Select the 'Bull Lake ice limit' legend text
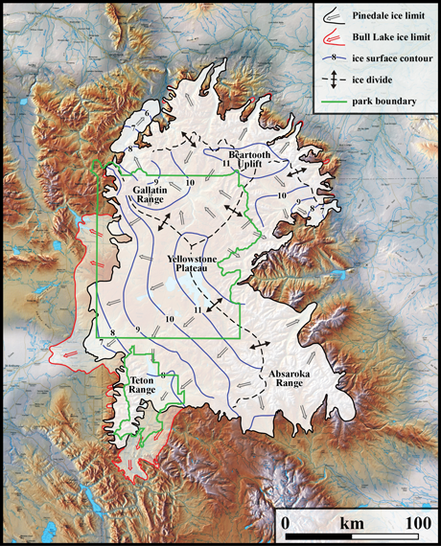pyautogui.click(x=389, y=36)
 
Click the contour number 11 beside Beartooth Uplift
pyautogui.click(x=224, y=165)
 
